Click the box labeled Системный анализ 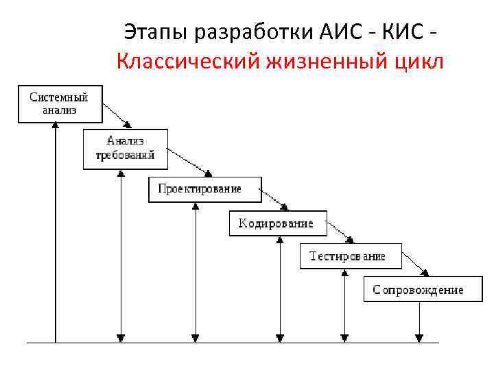[x=60, y=103]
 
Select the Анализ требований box [x=124, y=147]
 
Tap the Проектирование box [x=204, y=189]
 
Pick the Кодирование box [x=277, y=223]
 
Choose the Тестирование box [x=348, y=256]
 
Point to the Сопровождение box [x=418, y=289]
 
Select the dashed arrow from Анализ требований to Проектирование [x=189, y=162]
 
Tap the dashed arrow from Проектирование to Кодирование [x=274, y=199]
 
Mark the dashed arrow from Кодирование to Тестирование [x=341, y=233]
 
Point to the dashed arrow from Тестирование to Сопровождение [x=415, y=265]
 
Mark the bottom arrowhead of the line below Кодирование [x=280, y=337]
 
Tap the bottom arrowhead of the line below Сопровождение [x=419, y=337]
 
